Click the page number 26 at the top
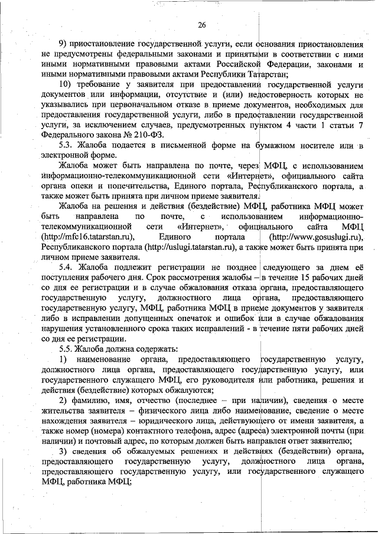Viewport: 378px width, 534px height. tap(201, 25)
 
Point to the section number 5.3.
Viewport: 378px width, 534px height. tap(66, 145)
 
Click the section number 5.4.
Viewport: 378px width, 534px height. tap(66, 267)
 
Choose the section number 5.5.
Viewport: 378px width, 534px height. tap(66, 348)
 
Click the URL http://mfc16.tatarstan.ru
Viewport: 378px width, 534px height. tap(89, 236)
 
